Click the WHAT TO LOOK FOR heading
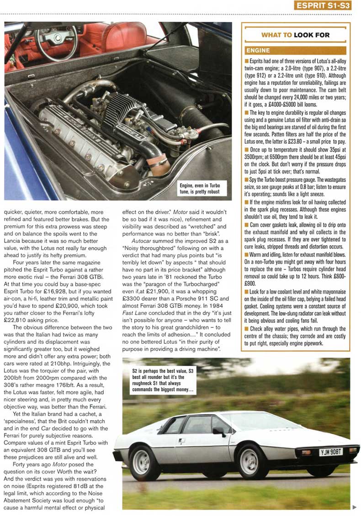[x=295, y=35]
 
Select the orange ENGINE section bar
[x=295, y=50]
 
